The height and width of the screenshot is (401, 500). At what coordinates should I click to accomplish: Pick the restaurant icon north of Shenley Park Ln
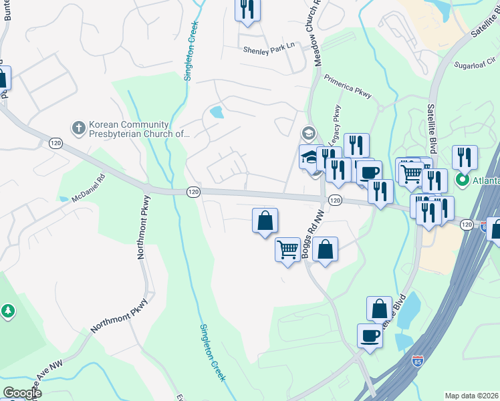[x=247, y=9]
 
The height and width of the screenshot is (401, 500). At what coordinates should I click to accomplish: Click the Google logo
[x=21, y=393]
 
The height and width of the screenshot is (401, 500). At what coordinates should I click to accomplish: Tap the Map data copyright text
[x=471, y=396]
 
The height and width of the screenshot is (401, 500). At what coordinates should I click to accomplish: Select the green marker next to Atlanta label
[x=461, y=180]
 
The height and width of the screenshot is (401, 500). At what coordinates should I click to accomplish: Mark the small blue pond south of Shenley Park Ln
[x=217, y=112]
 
